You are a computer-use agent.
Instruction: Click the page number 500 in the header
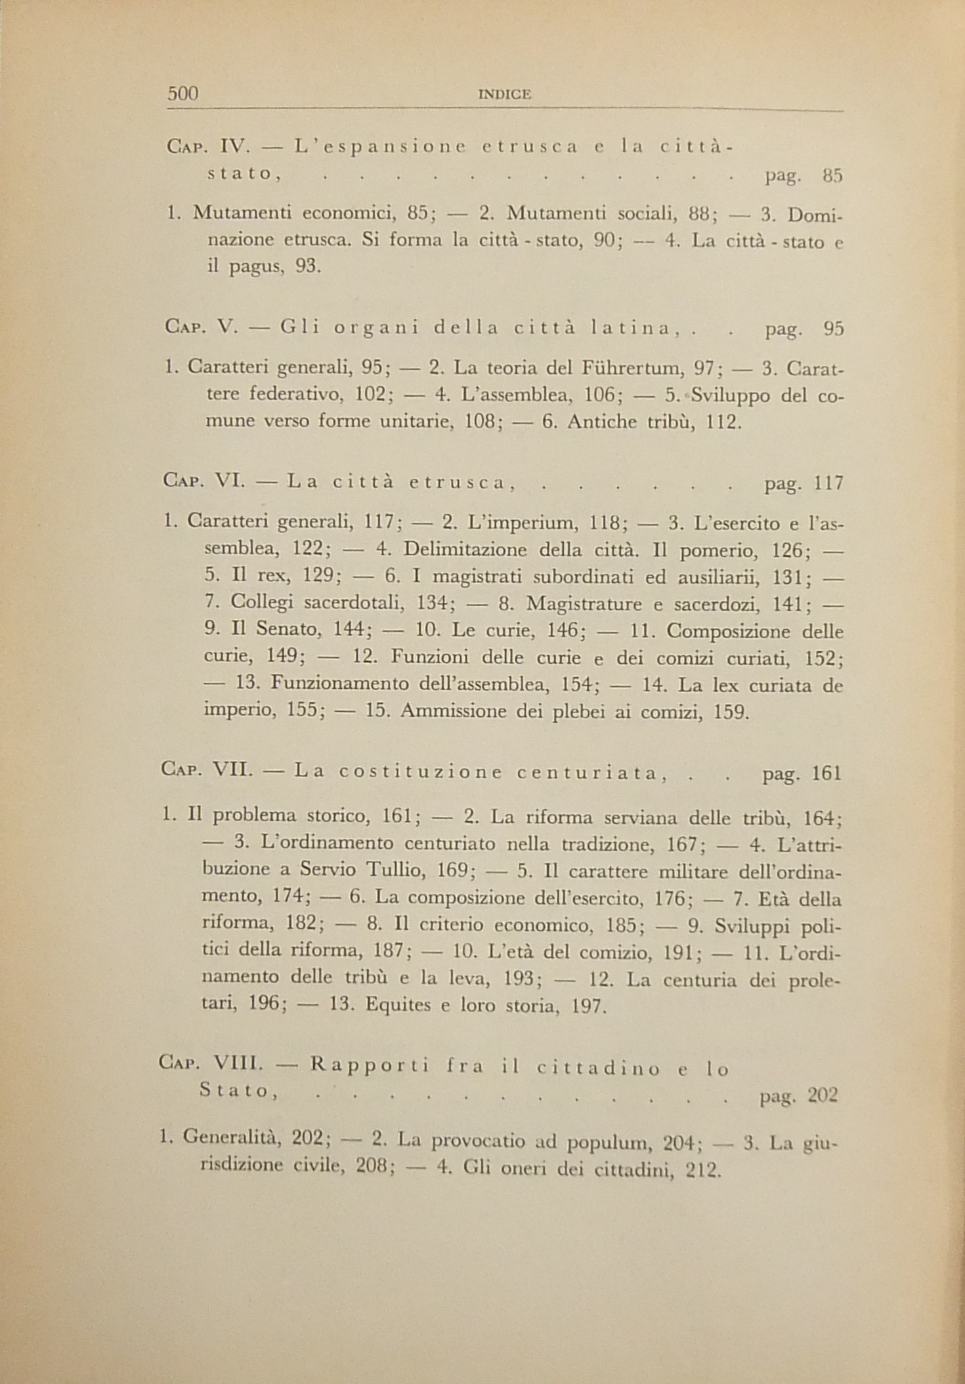[183, 94]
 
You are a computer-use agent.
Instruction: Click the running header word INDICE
[505, 95]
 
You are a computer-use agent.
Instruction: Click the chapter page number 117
[828, 484]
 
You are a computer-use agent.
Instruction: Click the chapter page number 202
[823, 1095]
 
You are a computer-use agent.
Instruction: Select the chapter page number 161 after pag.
[826, 773]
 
